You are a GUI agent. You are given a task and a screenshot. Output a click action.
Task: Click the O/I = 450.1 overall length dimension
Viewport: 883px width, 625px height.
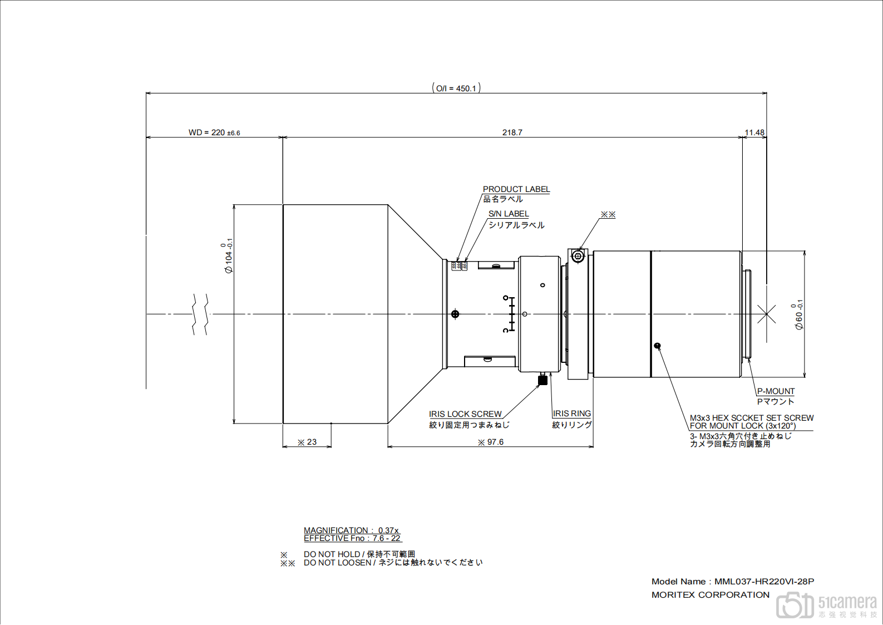[456, 88]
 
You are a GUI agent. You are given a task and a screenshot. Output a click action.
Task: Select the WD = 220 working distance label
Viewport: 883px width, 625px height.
[214, 132]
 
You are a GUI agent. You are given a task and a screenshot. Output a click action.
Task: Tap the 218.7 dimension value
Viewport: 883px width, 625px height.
[512, 132]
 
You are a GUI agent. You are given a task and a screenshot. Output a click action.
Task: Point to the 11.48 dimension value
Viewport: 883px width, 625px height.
[754, 132]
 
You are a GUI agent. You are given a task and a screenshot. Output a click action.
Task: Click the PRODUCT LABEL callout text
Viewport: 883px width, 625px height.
[516, 189]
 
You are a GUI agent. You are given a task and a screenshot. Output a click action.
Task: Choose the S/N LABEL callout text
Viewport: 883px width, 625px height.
[509, 214]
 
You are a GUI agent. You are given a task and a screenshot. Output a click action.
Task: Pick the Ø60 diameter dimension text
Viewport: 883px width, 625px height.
[797, 314]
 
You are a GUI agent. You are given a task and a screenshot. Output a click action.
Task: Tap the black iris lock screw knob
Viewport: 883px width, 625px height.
[543, 380]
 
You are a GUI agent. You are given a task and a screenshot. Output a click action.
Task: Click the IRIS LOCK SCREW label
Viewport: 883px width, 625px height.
[465, 414]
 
